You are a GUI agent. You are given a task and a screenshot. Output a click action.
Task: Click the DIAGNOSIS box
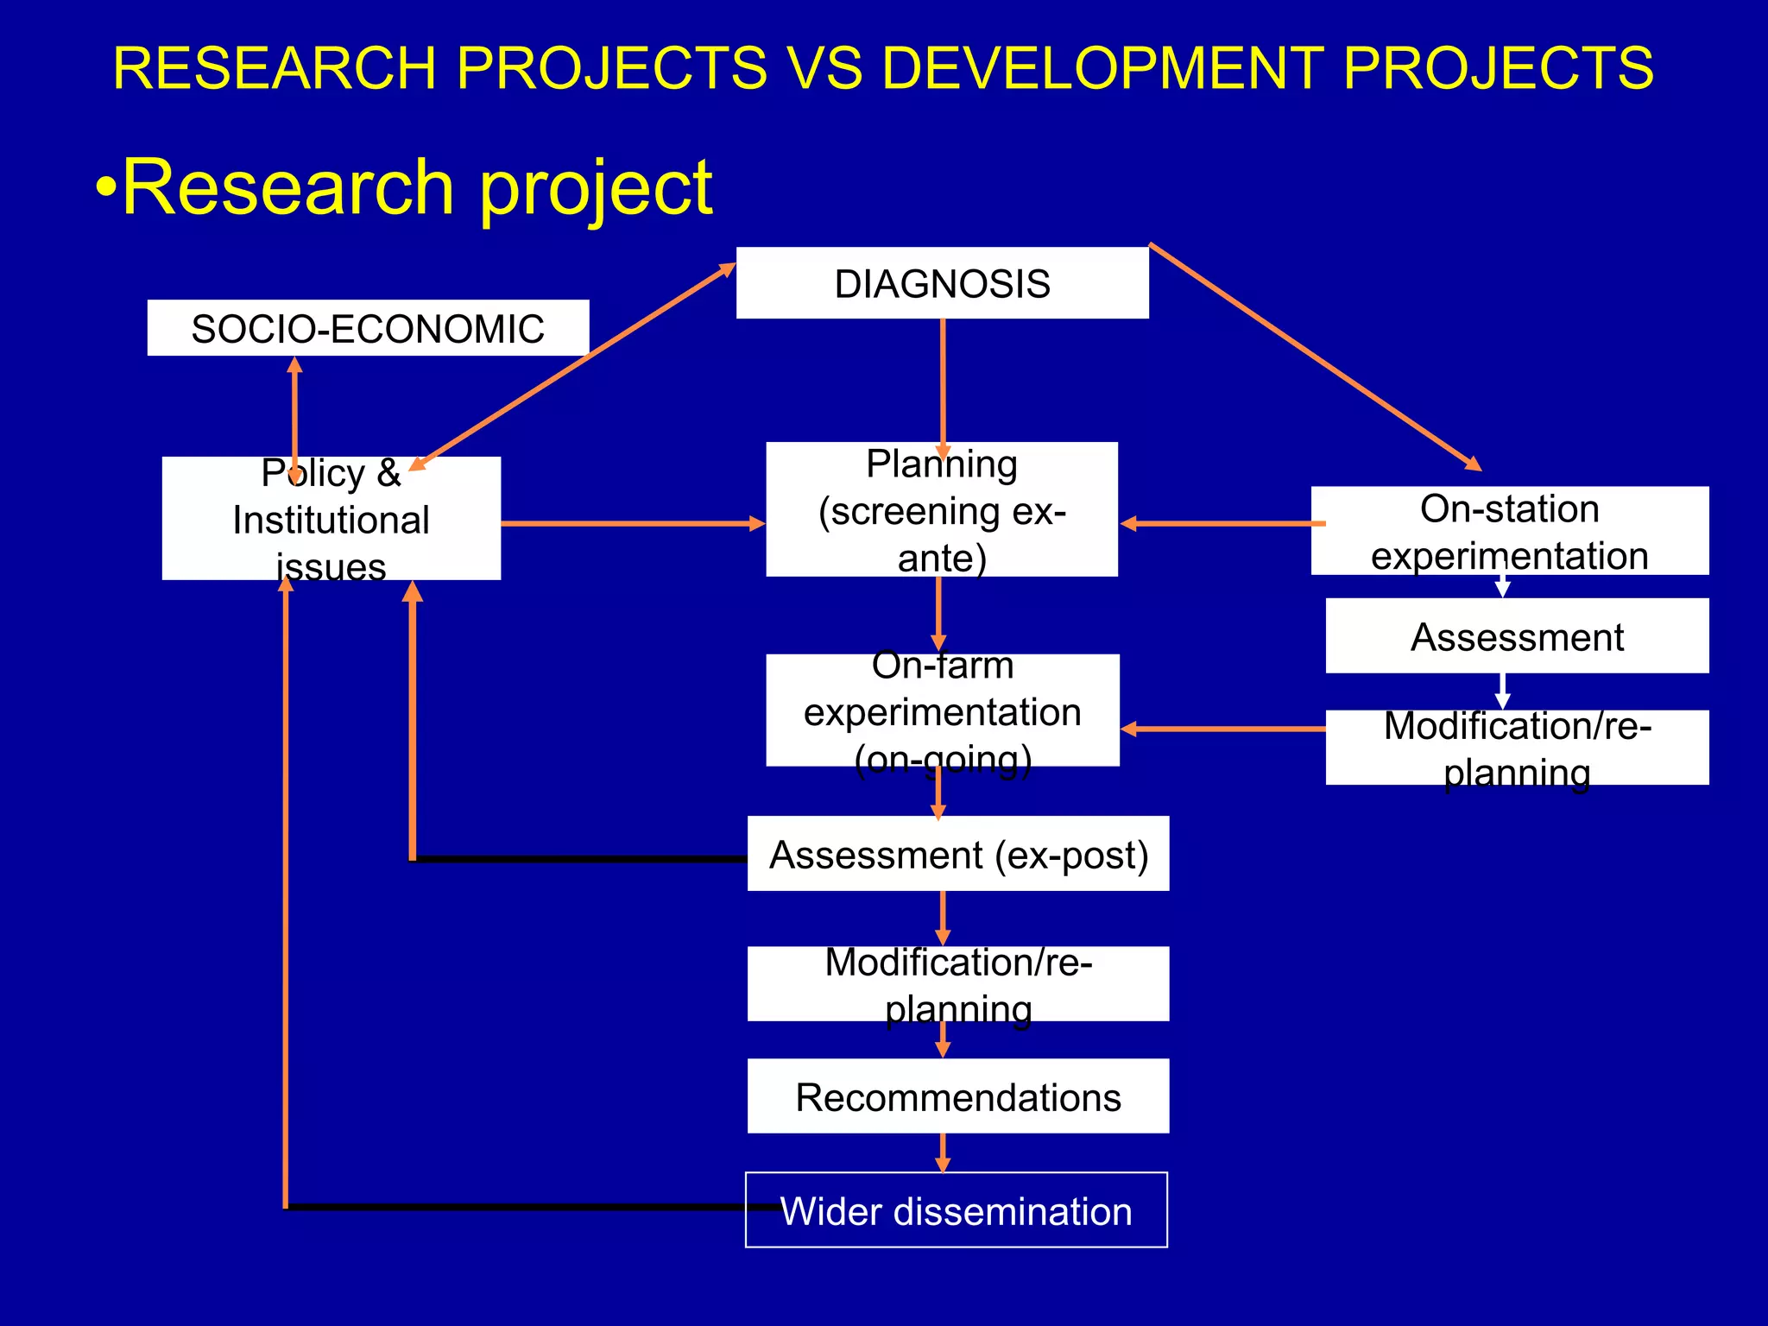click(x=942, y=284)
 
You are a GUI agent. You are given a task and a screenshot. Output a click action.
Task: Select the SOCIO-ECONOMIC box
click(x=368, y=328)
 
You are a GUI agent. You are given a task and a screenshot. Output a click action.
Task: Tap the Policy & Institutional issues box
click(x=331, y=519)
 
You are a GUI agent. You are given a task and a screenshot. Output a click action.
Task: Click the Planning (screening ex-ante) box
click(x=942, y=510)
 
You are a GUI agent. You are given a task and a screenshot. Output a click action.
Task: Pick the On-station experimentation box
click(x=1509, y=531)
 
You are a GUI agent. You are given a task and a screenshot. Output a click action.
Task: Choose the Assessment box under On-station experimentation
click(x=1517, y=636)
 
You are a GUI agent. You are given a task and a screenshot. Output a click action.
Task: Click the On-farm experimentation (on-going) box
click(x=942, y=710)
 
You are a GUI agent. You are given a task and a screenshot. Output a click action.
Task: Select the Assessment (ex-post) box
click(x=958, y=854)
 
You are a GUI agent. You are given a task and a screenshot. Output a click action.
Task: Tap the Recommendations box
click(x=958, y=1096)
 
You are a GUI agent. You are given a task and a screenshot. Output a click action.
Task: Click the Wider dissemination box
click(x=957, y=1210)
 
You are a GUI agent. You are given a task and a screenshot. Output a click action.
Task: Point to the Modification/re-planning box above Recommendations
click(x=958, y=984)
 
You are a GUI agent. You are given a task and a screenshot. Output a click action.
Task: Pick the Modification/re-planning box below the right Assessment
click(x=1517, y=748)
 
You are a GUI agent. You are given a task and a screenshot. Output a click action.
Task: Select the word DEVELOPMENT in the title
click(x=1102, y=67)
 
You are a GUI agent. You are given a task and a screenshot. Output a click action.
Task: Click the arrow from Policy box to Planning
click(x=630, y=523)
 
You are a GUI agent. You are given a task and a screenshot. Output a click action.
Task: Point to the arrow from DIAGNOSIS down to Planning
click(x=943, y=380)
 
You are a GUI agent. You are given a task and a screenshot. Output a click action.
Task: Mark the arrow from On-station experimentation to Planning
click(x=1222, y=523)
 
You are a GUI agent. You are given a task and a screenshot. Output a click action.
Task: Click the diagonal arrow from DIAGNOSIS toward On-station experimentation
click(x=1312, y=356)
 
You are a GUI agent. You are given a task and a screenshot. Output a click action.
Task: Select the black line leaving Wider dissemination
click(x=518, y=1207)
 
